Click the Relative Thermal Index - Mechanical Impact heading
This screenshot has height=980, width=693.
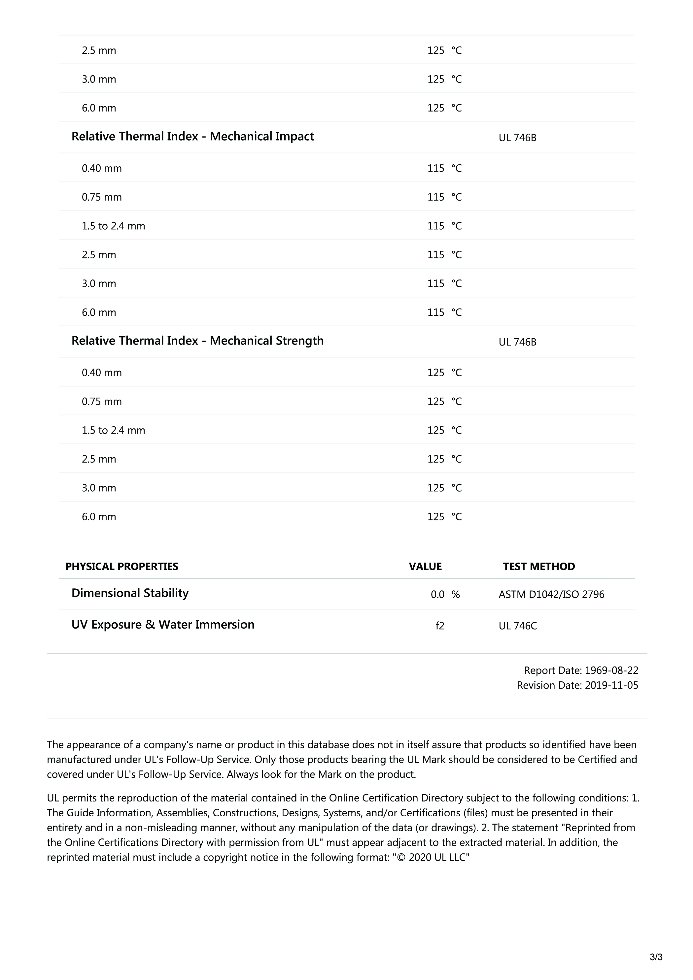[x=192, y=137]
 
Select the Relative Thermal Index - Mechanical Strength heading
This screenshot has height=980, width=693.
[x=197, y=341]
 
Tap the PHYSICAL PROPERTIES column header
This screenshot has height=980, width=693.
[x=122, y=567]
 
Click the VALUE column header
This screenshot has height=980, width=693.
[x=425, y=567]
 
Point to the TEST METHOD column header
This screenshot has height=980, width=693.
[x=539, y=567]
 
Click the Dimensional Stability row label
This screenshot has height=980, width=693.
[x=130, y=593]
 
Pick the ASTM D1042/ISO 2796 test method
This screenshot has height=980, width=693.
[x=551, y=595]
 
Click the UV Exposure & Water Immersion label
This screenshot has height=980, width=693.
[x=163, y=625]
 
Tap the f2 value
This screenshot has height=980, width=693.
[x=440, y=626]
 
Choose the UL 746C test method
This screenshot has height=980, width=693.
[x=517, y=626]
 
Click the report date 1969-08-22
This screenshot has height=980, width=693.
[x=611, y=670]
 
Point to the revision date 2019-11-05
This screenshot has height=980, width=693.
[x=611, y=685]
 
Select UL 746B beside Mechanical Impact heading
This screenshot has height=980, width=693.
[x=517, y=138]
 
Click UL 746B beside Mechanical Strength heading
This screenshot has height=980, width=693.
[x=517, y=342]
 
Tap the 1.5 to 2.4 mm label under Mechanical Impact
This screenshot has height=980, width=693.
[x=114, y=226]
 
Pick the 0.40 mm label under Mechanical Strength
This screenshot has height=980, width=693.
[x=102, y=373]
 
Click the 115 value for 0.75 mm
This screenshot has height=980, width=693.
[x=436, y=197]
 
